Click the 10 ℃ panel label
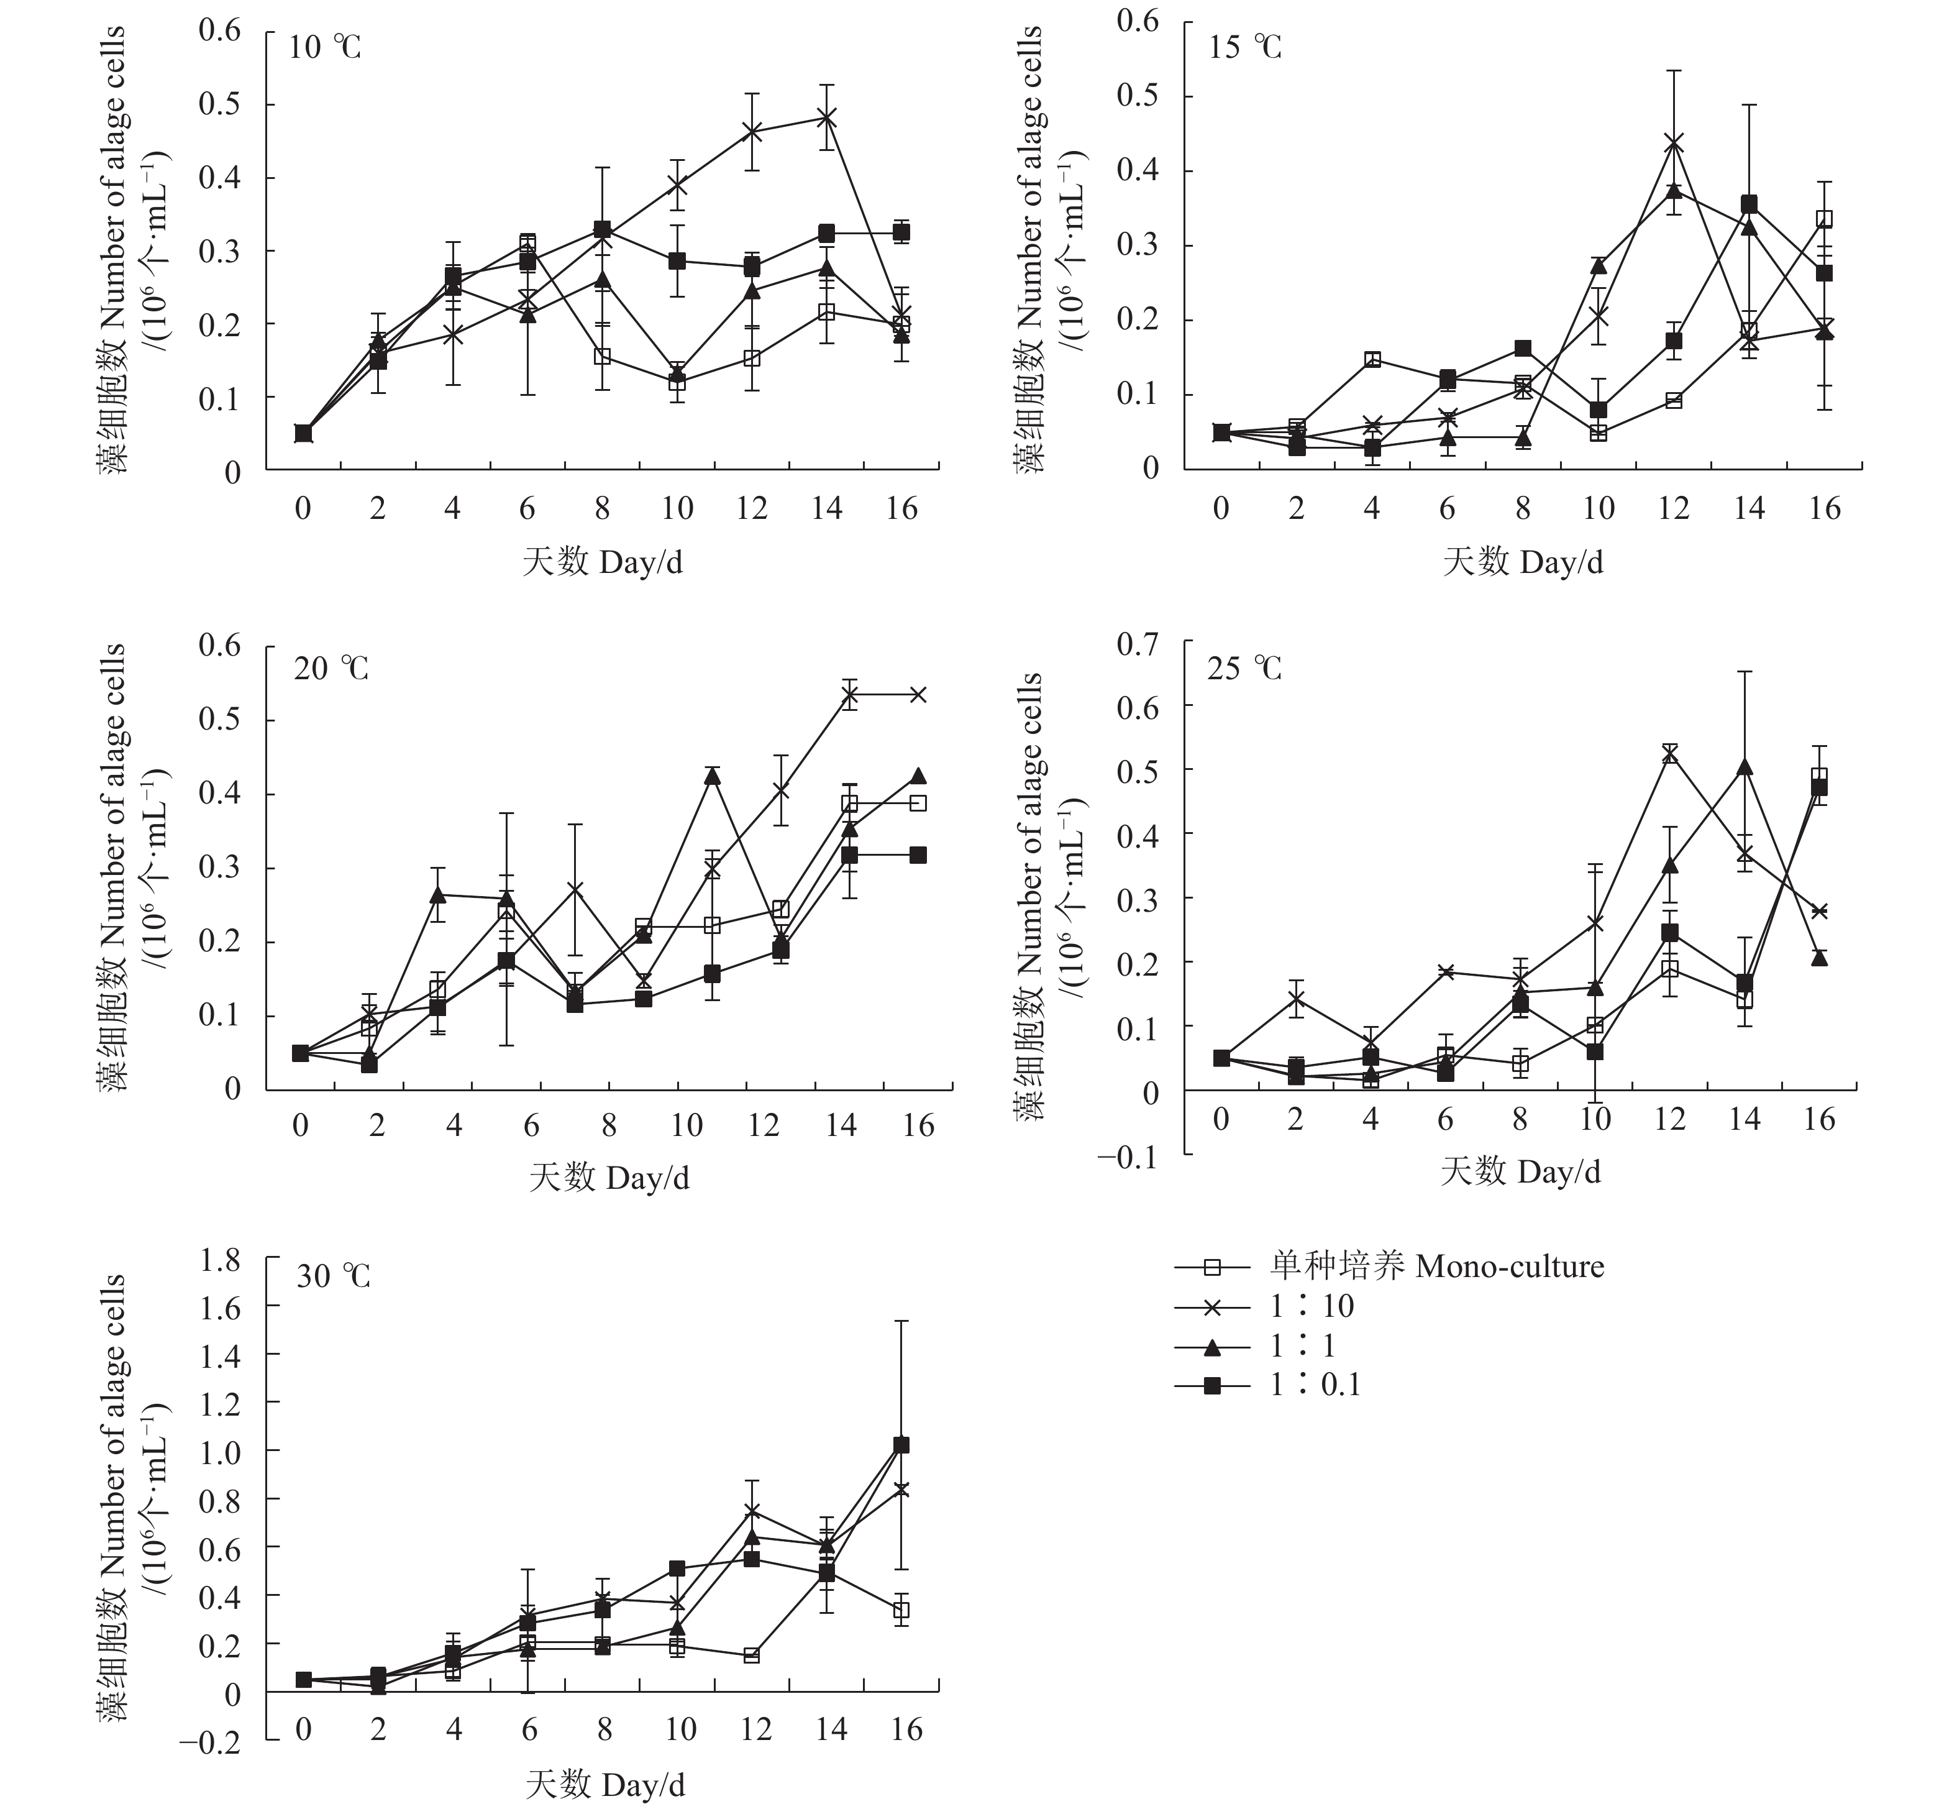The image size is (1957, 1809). (x=325, y=47)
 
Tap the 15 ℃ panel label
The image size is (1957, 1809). (x=1244, y=47)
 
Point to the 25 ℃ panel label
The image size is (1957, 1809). (x=1244, y=669)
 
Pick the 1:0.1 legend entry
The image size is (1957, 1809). (x=1315, y=1384)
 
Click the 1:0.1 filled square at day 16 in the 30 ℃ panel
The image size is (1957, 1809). (x=902, y=1445)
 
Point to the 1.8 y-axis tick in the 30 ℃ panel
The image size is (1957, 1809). (x=220, y=1260)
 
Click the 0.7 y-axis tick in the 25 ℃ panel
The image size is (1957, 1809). (x=1137, y=643)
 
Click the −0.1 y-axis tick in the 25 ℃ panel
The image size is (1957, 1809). (x=1127, y=1156)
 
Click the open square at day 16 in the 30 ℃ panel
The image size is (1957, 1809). (x=902, y=1610)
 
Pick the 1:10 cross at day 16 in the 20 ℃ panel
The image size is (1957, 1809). (x=918, y=695)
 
